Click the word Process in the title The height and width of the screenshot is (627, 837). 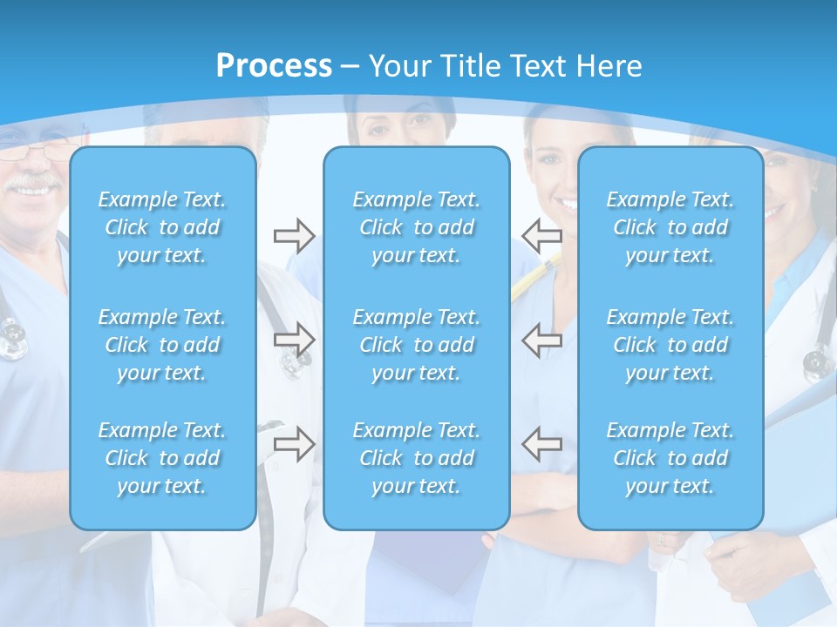274,66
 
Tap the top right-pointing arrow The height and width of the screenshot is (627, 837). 294,235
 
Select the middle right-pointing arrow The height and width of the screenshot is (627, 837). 294,340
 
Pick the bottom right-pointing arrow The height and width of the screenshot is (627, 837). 294,444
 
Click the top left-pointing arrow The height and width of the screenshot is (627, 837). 541,235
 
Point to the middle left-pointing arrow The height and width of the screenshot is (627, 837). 541,340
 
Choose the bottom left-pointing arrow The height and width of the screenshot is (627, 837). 541,444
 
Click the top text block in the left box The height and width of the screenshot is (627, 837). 162,227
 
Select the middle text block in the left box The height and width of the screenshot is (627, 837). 162,345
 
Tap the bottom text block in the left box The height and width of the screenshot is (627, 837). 162,458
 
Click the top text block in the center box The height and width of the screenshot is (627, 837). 417,227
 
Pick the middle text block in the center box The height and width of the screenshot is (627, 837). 417,345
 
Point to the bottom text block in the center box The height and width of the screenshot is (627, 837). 417,458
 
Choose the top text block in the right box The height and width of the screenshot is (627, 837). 670,227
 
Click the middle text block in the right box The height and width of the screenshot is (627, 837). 670,345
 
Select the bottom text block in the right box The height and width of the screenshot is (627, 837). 670,458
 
